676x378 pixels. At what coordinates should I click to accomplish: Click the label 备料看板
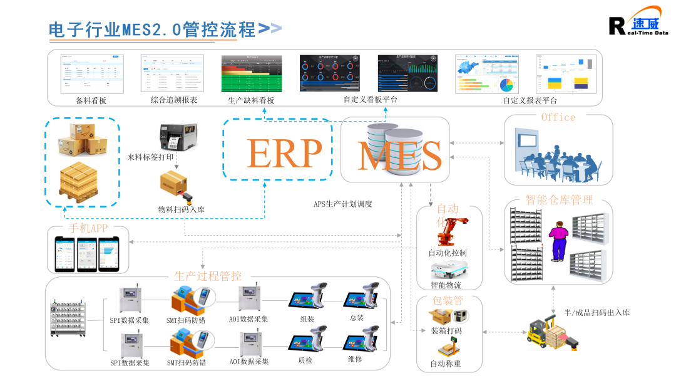tap(91, 100)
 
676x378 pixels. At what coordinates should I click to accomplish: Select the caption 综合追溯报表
tap(174, 100)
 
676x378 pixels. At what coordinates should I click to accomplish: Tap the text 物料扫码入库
tap(182, 209)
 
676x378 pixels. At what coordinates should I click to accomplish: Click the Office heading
tap(558, 117)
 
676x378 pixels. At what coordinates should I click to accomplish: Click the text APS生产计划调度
tap(343, 204)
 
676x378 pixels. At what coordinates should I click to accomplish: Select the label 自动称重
tap(446, 364)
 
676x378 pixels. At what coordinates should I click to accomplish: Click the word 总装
tap(357, 318)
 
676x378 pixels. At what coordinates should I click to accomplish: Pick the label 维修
tap(355, 359)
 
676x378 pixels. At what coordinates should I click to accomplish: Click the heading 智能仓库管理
tap(559, 201)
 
